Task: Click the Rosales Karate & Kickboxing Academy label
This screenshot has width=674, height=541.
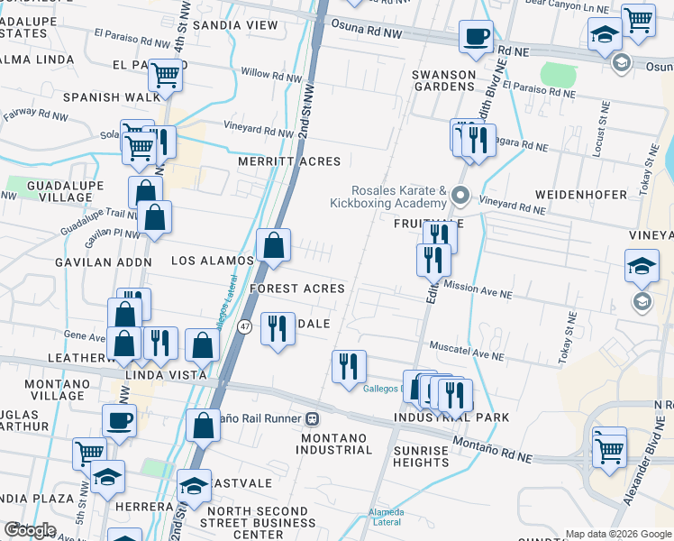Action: pos(399,197)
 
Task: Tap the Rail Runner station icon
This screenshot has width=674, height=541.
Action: pos(313,418)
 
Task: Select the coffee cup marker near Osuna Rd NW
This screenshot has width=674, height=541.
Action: pos(476,38)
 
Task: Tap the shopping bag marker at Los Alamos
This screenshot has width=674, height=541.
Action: pos(273,245)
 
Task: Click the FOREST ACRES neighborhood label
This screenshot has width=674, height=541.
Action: pos(297,289)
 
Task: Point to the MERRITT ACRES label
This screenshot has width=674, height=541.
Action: pos(289,161)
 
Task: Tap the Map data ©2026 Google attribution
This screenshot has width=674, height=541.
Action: pos(618,534)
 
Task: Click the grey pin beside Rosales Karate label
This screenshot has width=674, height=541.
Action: pos(460,195)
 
